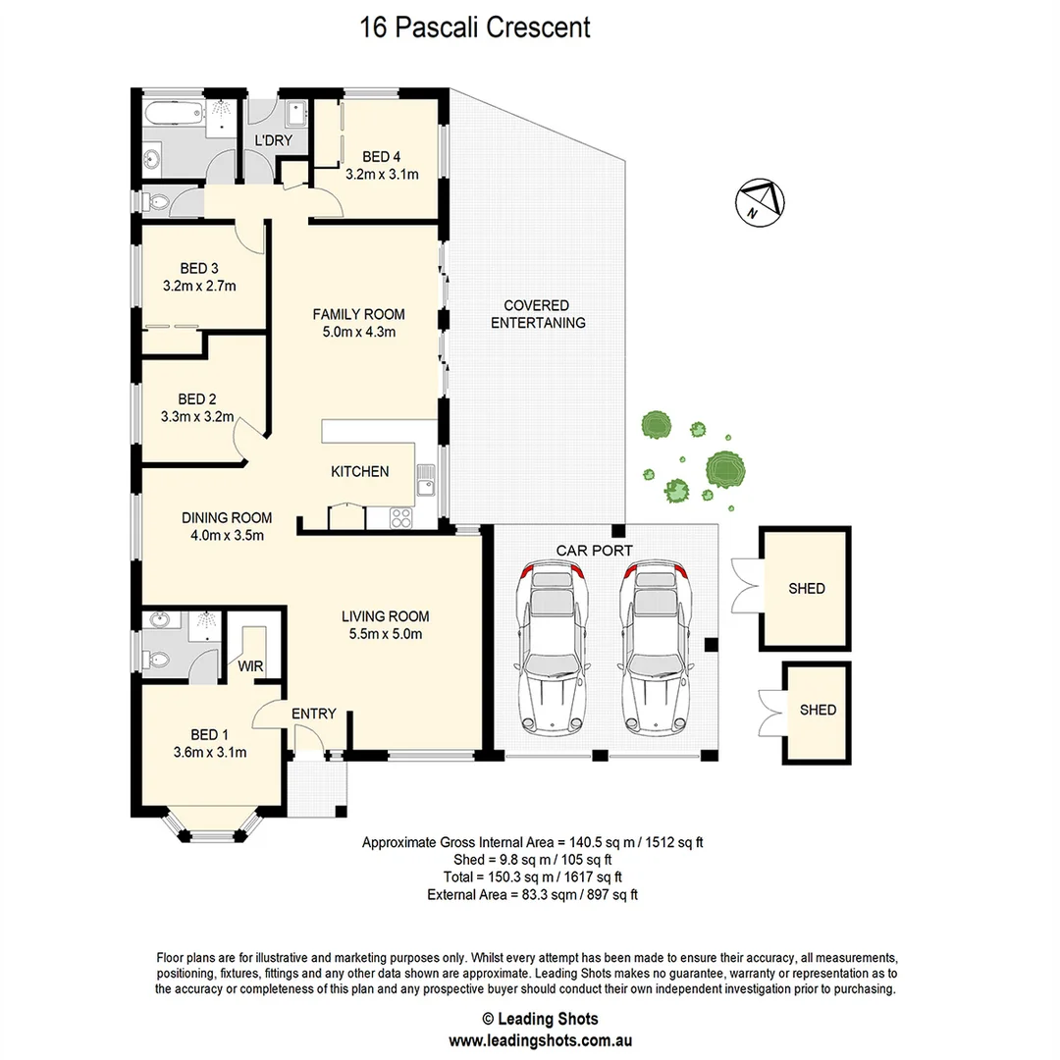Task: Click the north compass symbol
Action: (x=761, y=203)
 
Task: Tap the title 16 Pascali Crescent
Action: (x=475, y=26)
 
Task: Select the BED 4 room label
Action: (x=382, y=157)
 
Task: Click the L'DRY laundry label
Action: (x=273, y=141)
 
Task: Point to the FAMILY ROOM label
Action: (x=358, y=314)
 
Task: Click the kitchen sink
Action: (x=426, y=482)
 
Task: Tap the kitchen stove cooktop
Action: (x=400, y=517)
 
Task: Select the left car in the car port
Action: (x=552, y=649)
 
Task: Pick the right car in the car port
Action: (x=655, y=649)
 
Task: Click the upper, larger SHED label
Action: (x=807, y=589)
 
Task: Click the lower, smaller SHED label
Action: (x=818, y=710)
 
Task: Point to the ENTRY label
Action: (x=314, y=714)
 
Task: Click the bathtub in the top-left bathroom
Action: (x=172, y=113)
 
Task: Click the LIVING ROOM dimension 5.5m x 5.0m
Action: (x=385, y=634)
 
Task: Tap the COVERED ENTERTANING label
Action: (x=538, y=314)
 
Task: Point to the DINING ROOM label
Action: (x=227, y=518)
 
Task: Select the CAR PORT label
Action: (x=594, y=551)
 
